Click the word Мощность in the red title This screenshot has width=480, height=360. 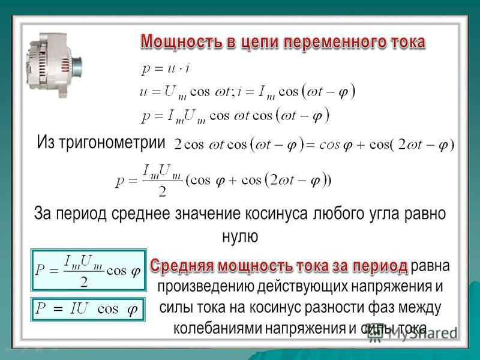point(182,42)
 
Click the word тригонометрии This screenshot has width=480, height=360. point(112,142)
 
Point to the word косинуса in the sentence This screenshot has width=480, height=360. point(276,214)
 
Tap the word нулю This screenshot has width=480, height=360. point(240,236)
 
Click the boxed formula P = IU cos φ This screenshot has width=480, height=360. point(88,309)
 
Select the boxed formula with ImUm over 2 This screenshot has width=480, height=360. point(88,271)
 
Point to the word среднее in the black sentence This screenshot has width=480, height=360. point(140,214)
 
